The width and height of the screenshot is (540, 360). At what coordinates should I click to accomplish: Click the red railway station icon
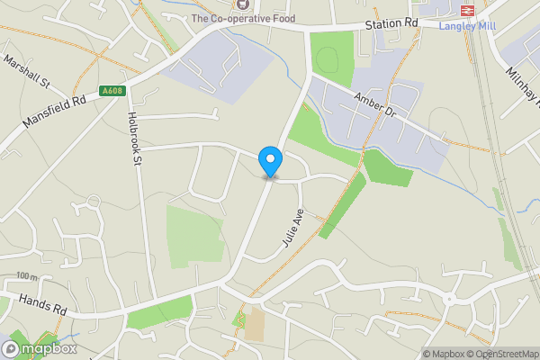point(467,10)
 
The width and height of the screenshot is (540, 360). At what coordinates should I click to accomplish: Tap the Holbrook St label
point(135,138)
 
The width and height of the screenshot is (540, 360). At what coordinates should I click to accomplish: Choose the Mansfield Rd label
point(55,113)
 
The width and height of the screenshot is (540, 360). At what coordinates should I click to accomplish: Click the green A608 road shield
point(111,90)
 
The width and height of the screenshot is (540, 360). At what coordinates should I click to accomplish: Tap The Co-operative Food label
point(244,18)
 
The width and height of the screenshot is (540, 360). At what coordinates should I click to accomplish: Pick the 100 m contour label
point(28,276)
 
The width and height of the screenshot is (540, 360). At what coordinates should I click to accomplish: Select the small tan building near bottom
point(255,324)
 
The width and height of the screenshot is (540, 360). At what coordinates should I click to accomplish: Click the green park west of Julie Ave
point(193,236)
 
